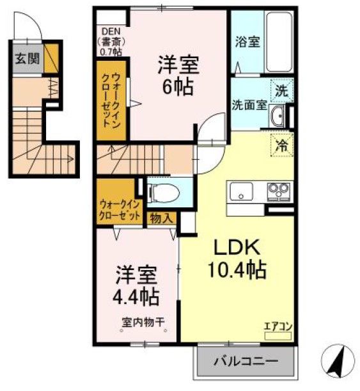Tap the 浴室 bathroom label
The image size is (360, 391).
[246, 42]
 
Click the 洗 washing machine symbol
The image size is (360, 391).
[281, 90]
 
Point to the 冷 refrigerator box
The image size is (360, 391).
[281, 146]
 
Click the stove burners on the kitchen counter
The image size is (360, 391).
[279, 190]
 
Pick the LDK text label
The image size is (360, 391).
[236, 248]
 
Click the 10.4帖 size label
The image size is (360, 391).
[236, 271]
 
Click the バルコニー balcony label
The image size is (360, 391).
[246, 362]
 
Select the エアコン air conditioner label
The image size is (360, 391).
[278, 326]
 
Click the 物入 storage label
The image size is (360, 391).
[161, 218]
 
